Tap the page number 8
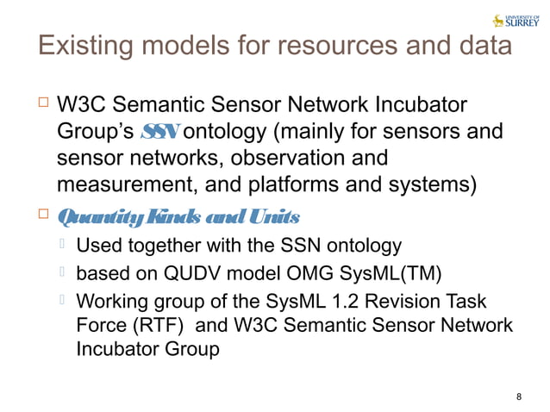(x=518, y=396)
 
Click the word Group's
(x=94, y=132)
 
